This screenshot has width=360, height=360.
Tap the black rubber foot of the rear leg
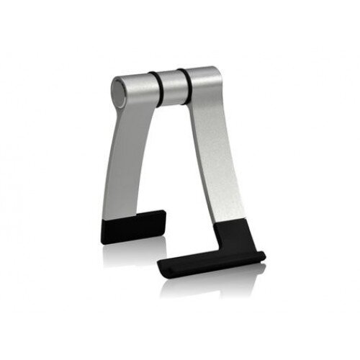[x=133, y=227]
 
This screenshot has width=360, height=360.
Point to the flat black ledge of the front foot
[x=209, y=261]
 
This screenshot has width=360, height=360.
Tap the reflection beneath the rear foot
[x=133, y=252]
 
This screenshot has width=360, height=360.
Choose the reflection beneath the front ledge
[x=209, y=284]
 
